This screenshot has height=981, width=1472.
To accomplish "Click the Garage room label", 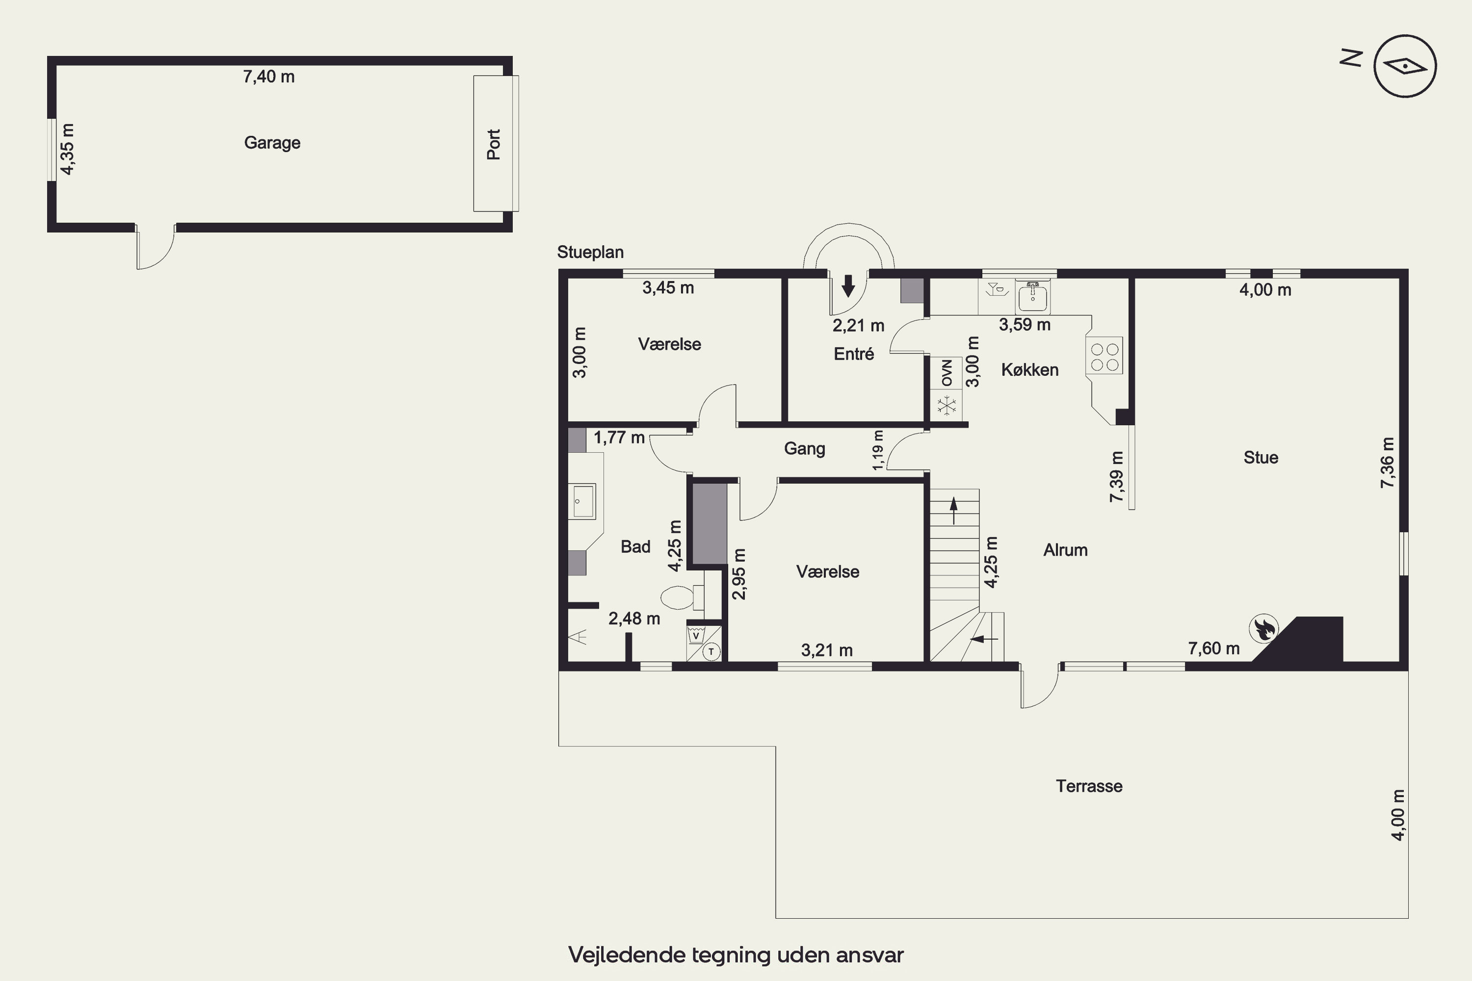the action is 272,143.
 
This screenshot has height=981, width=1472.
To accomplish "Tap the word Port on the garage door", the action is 494,145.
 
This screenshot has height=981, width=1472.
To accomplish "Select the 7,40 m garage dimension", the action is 268,77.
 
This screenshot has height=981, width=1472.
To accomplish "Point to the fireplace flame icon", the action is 1263,629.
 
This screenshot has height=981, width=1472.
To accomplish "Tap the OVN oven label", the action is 947,373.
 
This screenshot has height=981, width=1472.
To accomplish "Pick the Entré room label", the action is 854,354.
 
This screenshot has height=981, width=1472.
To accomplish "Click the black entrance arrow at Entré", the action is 848,285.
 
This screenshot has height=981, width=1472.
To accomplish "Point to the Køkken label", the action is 1029,370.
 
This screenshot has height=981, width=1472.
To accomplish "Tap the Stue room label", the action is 1261,457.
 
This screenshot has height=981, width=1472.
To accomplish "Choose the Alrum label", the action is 1065,550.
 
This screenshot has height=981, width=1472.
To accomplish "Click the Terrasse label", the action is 1089,786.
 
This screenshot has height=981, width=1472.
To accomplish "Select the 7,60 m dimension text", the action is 1213,648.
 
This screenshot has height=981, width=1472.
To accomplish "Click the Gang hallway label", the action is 804,449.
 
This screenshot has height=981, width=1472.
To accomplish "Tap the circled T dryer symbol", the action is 711,652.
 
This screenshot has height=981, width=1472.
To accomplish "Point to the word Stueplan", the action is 590,252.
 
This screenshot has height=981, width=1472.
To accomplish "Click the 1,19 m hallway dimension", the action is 878,450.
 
